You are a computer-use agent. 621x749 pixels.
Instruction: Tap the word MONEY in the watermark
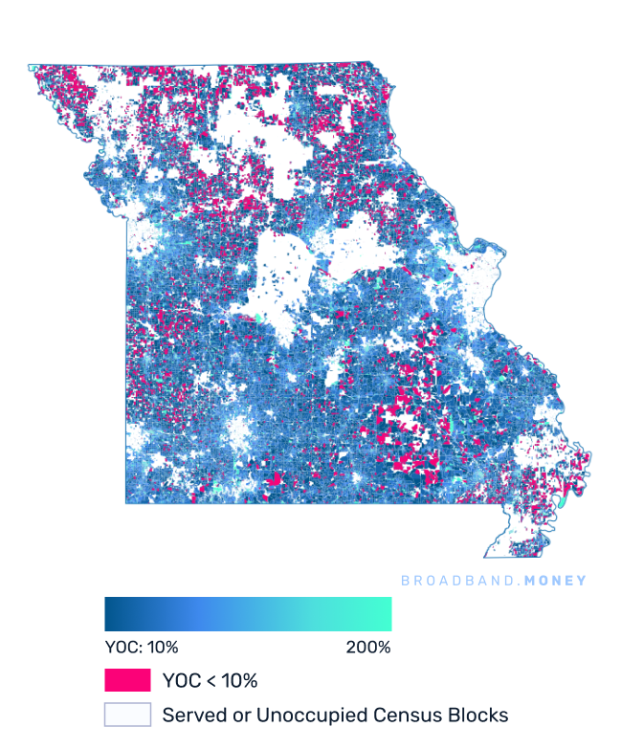coord(553,581)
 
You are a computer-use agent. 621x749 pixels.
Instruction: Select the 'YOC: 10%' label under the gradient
coord(142,648)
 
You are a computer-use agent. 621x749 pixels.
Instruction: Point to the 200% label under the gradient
coord(368,648)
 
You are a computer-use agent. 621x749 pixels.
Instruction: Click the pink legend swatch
coord(127,680)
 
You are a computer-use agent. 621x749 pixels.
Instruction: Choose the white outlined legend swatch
coord(127,715)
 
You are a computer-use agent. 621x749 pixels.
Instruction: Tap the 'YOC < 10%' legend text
coord(211,681)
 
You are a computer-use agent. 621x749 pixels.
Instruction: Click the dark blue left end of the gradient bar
coord(109,614)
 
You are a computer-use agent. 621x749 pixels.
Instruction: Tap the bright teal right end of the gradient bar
coord(387,614)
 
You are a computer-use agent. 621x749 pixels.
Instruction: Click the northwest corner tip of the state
coord(31,67)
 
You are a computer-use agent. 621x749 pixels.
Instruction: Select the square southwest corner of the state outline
coord(127,500)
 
